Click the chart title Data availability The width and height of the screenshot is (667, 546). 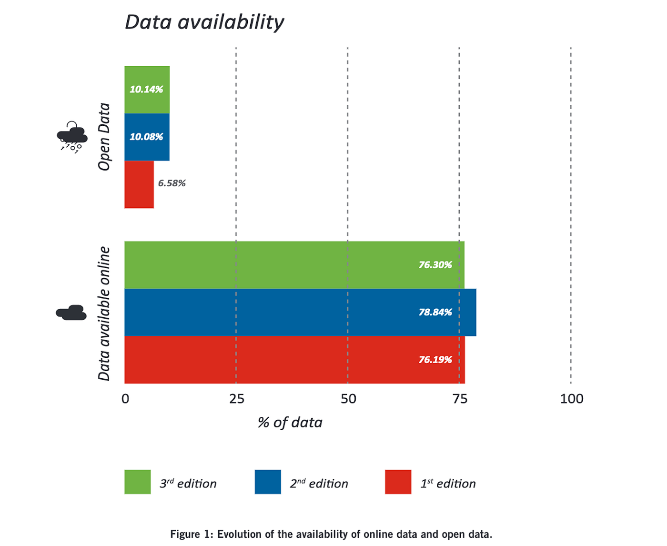point(204,22)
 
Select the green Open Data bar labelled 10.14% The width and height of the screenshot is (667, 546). point(147,90)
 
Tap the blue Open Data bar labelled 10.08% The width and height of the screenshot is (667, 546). point(147,137)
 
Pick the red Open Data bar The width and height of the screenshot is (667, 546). point(139,184)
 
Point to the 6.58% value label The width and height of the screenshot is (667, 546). point(172,183)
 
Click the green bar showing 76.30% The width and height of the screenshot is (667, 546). point(294,265)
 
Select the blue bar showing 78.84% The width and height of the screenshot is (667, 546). point(300,313)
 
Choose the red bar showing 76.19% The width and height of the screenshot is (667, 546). point(294,360)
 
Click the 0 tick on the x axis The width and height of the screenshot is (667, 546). point(125,399)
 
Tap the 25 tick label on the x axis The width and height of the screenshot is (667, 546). point(237,399)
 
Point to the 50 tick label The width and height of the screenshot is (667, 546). point(348,399)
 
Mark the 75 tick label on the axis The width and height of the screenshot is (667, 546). point(460,399)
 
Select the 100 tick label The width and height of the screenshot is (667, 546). point(571,399)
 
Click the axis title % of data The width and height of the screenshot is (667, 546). point(290,423)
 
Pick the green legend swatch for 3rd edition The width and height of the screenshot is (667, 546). point(138,482)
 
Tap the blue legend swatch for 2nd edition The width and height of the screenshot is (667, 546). point(268,482)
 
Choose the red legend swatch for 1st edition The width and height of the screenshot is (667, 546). point(398,482)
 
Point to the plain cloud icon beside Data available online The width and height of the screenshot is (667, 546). point(71,313)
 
